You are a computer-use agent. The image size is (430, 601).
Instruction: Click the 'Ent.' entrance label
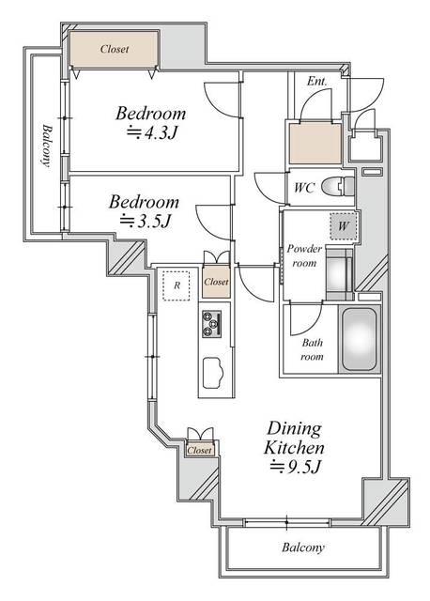317,82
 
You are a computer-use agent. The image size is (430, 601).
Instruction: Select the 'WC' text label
303,188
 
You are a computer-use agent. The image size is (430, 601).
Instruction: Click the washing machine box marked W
342,225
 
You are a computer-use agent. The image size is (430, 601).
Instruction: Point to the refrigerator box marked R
176,285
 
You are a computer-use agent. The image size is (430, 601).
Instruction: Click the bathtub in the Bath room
361,339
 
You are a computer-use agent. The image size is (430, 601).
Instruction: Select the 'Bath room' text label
312,349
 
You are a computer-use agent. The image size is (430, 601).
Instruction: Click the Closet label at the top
114,49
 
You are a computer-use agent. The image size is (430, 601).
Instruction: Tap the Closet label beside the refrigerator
215,282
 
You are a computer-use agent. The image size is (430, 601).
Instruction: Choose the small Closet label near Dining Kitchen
199,451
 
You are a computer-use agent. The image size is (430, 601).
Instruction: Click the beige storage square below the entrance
315,142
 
